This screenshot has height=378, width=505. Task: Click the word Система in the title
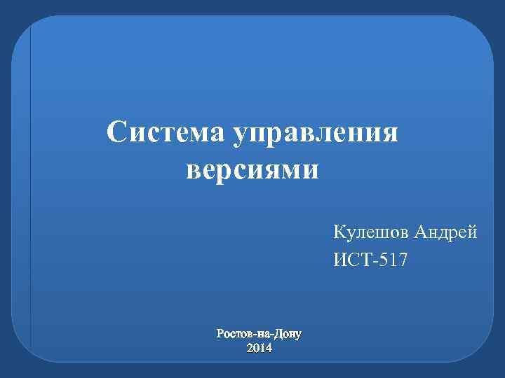click(x=166, y=133)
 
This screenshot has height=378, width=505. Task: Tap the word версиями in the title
click(x=252, y=170)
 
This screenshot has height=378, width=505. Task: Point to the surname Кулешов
click(x=370, y=232)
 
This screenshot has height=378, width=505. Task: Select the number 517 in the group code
click(x=395, y=260)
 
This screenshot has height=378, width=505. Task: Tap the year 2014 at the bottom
click(x=260, y=348)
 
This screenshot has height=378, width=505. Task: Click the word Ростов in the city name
click(x=236, y=334)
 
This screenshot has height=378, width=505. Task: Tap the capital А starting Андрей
click(x=420, y=232)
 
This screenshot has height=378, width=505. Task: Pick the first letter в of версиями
click(x=194, y=171)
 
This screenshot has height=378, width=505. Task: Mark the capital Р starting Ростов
click(x=222, y=334)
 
